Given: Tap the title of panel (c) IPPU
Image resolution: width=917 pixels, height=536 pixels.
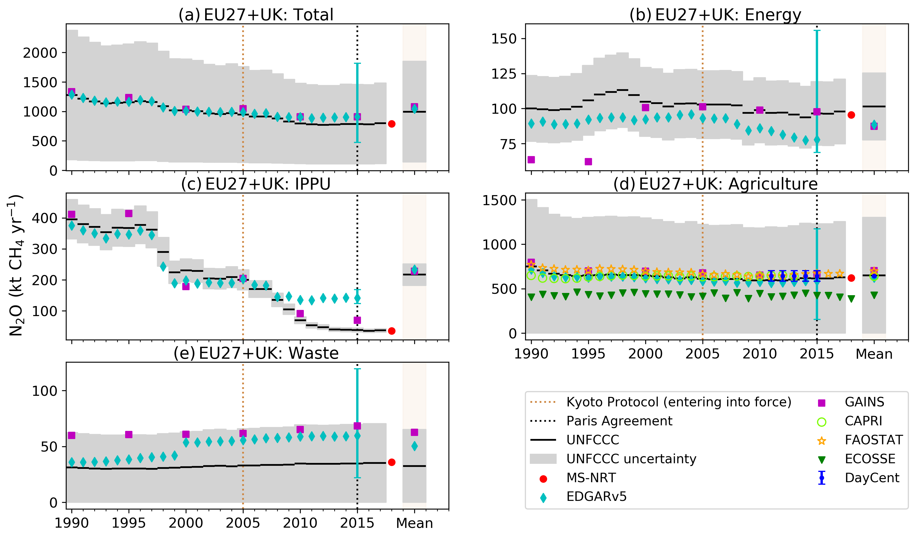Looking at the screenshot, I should click(256, 184).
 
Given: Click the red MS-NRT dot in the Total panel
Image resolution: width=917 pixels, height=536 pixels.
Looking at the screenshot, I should click(392, 124).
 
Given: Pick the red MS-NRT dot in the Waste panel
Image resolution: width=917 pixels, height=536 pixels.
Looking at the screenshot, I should click(392, 462).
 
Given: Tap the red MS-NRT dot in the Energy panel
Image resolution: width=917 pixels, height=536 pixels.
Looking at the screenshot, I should click(851, 115).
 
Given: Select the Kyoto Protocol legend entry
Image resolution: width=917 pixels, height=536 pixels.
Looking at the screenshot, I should click(679, 402).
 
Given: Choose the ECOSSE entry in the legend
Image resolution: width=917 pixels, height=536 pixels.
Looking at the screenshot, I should click(870, 459).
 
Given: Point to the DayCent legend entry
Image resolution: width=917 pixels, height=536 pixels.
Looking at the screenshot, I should click(872, 478).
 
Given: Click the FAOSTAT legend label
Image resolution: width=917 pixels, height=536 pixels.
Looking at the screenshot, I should click(873, 440).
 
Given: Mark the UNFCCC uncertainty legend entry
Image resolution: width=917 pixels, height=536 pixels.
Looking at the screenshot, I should click(631, 459).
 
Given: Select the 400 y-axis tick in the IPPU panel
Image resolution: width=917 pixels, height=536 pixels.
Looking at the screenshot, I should click(44, 218).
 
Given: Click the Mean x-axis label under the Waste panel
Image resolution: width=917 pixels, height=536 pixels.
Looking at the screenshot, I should click(414, 523).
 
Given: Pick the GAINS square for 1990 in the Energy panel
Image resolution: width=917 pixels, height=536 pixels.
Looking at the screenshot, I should click(531, 160).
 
